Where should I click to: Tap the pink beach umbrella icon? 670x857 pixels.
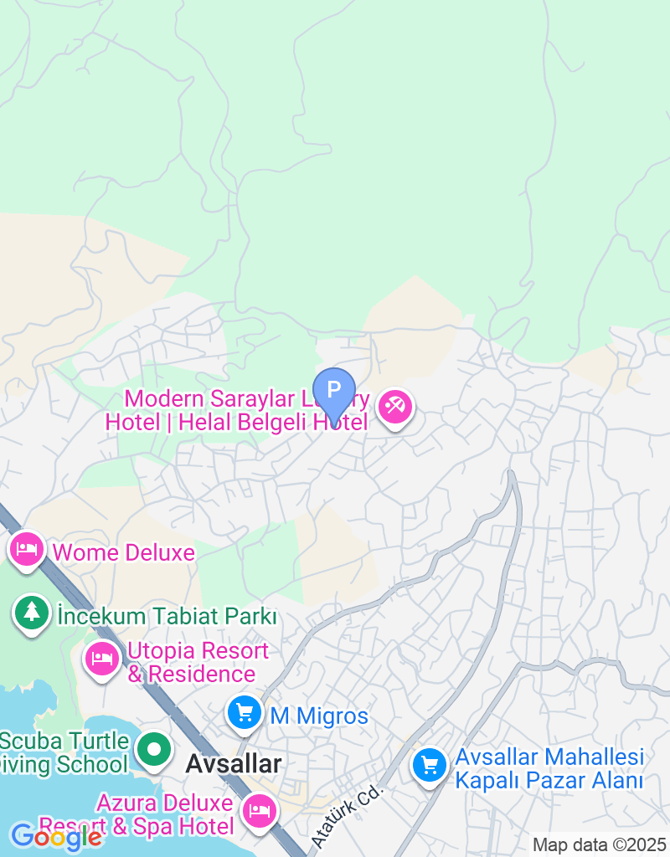click(x=394, y=408)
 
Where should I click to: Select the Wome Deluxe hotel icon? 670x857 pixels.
click(x=28, y=550)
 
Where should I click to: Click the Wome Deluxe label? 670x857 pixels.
click(x=123, y=552)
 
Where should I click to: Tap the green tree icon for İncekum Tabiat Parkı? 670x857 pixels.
click(x=32, y=613)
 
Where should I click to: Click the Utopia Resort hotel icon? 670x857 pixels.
click(x=102, y=659)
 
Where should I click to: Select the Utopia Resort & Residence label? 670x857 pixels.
click(x=198, y=662)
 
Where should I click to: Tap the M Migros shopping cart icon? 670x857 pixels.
click(x=245, y=713)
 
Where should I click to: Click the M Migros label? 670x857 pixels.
click(x=318, y=716)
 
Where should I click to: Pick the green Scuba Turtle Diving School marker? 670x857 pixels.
click(x=154, y=751)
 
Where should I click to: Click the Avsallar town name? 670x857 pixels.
click(x=233, y=764)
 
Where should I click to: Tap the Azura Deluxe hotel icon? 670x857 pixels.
click(x=259, y=810)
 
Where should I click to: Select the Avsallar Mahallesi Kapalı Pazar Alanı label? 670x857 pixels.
click(x=549, y=769)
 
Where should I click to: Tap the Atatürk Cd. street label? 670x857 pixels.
click(x=346, y=814)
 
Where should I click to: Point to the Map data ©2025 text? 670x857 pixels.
click(x=598, y=844)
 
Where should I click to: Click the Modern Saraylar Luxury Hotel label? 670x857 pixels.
click(x=238, y=409)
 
